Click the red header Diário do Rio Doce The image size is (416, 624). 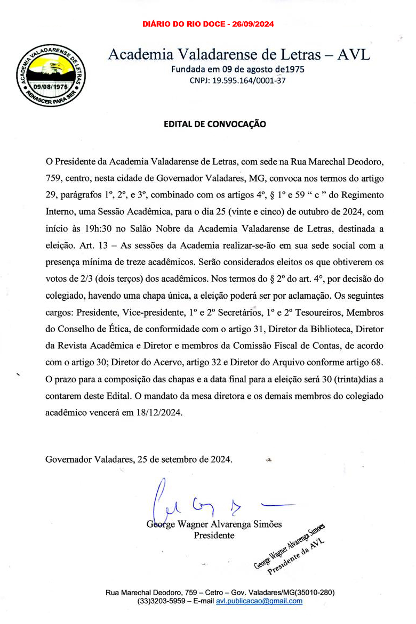point(209,24)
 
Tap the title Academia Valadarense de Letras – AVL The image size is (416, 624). point(238,54)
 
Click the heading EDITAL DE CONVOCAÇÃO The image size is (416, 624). point(214,124)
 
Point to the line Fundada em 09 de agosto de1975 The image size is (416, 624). point(238,70)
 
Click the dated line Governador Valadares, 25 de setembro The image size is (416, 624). point(139,459)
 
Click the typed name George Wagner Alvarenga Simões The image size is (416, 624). point(214,524)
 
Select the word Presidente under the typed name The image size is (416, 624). point(214,535)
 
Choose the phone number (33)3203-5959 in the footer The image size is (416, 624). point(158,601)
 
